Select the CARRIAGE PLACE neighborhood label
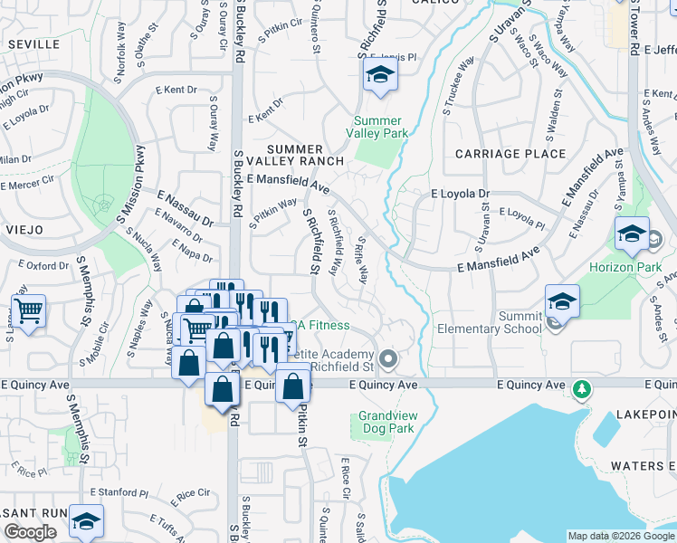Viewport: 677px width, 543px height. pos(510,154)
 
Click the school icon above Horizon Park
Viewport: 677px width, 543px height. pos(632,235)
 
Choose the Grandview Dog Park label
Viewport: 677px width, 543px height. pos(386,422)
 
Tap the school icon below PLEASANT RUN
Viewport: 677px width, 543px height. pos(86,522)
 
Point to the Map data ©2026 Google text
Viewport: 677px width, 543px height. pos(621,536)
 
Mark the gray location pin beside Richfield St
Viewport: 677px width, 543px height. pos(389,359)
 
